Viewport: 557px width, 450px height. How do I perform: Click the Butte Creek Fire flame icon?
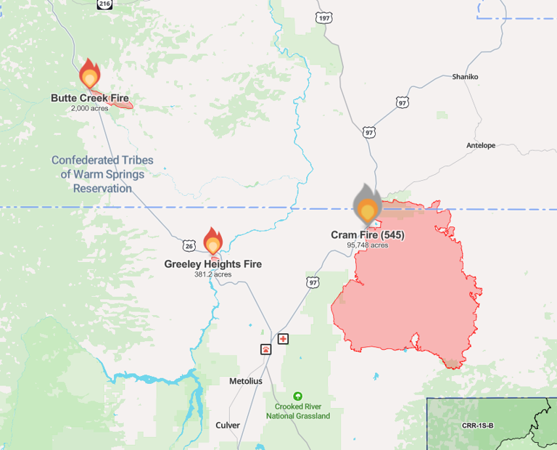click(x=89, y=75)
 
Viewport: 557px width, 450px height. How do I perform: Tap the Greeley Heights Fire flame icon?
click(x=213, y=241)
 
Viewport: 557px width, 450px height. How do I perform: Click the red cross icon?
click(x=283, y=339)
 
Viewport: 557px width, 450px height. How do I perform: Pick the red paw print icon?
click(x=266, y=349)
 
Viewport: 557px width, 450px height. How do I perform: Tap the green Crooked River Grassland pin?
click(x=297, y=396)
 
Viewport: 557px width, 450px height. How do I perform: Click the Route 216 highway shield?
click(x=105, y=4)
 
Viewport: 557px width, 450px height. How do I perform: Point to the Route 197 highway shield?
click(x=324, y=17)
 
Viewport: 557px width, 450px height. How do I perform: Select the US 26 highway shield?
click(x=189, y=246)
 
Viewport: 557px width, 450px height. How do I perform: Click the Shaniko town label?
click(x=465, y=76)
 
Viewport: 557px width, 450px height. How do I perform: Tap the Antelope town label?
click(x=480, y=145)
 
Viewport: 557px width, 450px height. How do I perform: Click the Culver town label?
click(x=227, y=425)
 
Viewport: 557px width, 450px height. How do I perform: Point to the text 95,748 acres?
click(x=367, y=245)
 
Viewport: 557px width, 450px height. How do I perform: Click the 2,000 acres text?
click(x=89, y=108)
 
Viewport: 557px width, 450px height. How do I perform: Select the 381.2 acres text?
click(x=213, y=274)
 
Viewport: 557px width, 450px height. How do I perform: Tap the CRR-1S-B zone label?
click(x=477, y=425)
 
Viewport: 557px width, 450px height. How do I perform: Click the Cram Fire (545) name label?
click(x=367, y=235)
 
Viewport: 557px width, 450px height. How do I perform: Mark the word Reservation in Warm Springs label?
click(x=102, y=189)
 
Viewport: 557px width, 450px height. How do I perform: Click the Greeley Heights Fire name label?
click(x=213, y=264)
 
